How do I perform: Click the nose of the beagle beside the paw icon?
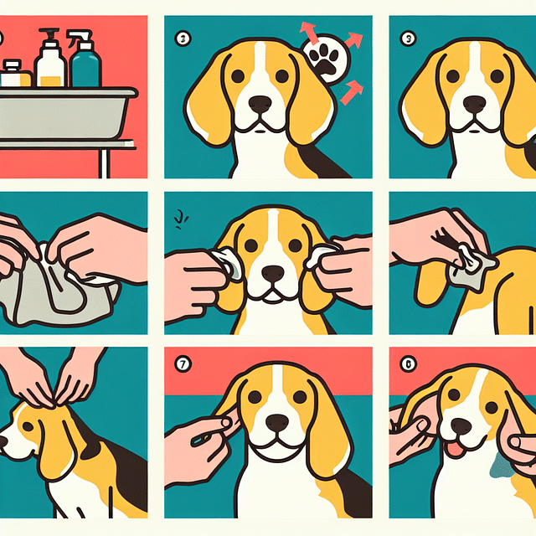coord(260,104)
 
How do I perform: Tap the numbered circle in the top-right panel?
coord(409,37)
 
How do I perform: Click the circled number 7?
coord(183,366)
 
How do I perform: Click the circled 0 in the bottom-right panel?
coord(408,366)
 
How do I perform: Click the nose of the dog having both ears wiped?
coord(273,273)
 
